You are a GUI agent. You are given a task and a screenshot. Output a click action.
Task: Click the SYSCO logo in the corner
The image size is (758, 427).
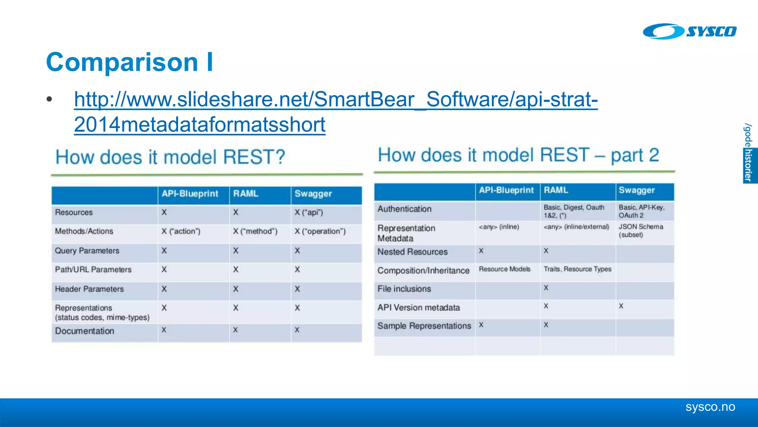click(x=689, y=32)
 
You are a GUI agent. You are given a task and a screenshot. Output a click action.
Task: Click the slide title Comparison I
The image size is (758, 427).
click(x=130, y=62)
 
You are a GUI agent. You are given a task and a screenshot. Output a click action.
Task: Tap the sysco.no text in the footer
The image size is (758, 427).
click(x=710, y=407)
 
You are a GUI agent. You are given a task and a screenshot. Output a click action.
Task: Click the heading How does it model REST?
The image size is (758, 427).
click(x=170, y=157)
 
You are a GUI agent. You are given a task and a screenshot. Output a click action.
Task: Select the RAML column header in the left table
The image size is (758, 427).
click(x=246, y=194)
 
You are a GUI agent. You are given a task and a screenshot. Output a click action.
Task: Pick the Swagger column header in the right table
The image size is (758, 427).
click(x=637, y=191)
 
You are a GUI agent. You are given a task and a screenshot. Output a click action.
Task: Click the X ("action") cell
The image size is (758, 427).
click(x=181, y=231)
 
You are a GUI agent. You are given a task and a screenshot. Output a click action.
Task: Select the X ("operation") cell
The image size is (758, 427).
click(x=320, y=231)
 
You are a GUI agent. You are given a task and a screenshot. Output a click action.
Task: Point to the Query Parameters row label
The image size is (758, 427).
click(x=87, y=251)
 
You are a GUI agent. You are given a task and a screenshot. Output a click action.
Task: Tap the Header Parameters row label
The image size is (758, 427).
click(x=89, y=289)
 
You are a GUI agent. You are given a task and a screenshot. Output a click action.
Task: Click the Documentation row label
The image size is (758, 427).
click(x=84, y=331)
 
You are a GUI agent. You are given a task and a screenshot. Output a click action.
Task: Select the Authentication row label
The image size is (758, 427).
click(x=404, y=209)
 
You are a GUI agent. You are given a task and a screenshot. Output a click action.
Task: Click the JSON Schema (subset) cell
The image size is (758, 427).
click(x=641, y=231)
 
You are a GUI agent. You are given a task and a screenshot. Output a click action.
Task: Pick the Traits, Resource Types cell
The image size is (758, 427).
click(x=577, y=269)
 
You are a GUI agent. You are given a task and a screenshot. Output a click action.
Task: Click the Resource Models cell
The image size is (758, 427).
click(x=504, y=269)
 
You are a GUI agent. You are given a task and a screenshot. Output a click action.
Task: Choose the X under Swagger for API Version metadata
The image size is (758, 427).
click(x=621, y=306)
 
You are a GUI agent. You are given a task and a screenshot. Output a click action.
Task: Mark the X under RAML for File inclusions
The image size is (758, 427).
click(x=546, y=288)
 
